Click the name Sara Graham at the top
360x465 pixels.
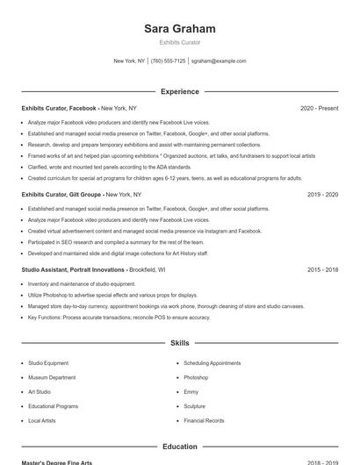pyautogui.click(x=179, y=29)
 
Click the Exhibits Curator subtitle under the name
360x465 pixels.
pyautogui.click(x=179, y=42)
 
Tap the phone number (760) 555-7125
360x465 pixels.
pyautogui.click(x=168, y=61)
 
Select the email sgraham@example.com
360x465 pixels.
pyautogui.click(x=219, y=61)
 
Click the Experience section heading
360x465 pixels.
pyautogui.click(x=179, y=91)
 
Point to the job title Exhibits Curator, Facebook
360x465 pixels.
pyautogui.click(x=59, y=108)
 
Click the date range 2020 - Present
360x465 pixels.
pyautogui.click(x=319, y=108)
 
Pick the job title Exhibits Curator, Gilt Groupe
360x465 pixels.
pyautogui.click(x=61, y=194)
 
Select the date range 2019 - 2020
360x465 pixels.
pyautogui.click(x=322, y=194)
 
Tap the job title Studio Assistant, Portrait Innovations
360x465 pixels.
pyautogui.click(x=74, y=269)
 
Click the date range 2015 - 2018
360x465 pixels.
pyautogui.click(x=322, y=269)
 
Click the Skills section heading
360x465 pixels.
pyautogui.click(x=179, y=343)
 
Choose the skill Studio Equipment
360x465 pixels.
pyautogui.click(x=48, y=362)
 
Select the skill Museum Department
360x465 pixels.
pyautogui.click(x=51, y=377)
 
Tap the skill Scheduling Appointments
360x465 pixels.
pyautogui.click(x=212, y=362)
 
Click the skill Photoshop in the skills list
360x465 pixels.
pyautogui.click(x=196, y=377)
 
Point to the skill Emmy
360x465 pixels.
pyautogui.click(x=191, y=391)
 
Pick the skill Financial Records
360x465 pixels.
pyautogui.click(x=205, y=420)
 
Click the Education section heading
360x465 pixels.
pyautogui.click(x=179, y=447)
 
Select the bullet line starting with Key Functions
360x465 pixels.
pyautogui.click(x=119, y=317)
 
